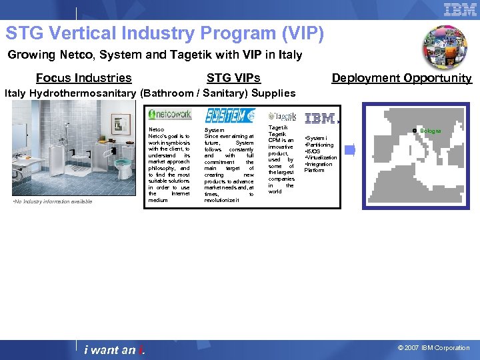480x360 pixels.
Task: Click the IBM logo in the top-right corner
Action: point(460,9)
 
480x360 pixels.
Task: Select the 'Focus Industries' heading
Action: point(83,78)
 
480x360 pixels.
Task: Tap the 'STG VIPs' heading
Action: point(233,78)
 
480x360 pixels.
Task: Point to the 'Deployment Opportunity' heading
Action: point(401,78)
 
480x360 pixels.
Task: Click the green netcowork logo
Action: point(169,115)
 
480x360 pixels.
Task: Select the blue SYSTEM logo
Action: point(229,115)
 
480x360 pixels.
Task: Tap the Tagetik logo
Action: point(283,117)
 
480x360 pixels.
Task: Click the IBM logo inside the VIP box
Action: point(321,119)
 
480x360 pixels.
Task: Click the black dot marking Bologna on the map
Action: point(415,131)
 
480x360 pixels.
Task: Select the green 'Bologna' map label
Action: point(430,131)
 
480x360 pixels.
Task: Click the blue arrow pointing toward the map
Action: point(350,151)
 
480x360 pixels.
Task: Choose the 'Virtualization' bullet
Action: point(321,157)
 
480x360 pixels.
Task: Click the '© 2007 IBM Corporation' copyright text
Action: point(433,348)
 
